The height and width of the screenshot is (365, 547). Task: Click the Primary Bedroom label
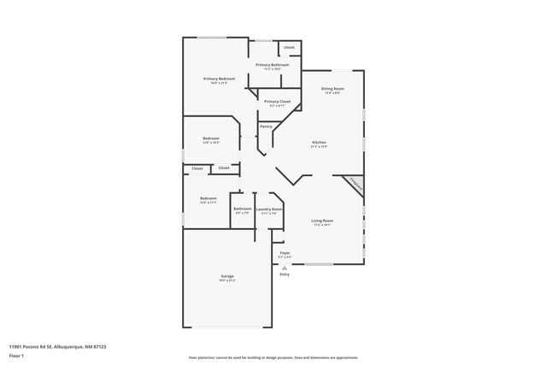[219, 79]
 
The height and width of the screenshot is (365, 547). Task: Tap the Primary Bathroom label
[273, 65]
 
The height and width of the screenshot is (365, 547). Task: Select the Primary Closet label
[277, 101]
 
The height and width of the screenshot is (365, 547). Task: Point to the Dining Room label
[332, 88]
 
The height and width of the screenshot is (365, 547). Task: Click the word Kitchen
[319, 142]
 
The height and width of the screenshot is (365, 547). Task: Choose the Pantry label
[266, 127]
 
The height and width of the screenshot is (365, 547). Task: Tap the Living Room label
[323, 221]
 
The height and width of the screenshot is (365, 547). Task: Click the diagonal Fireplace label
[356, 183]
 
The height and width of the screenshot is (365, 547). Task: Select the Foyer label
[285, 252]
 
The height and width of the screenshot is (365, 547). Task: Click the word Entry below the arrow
[285, 274]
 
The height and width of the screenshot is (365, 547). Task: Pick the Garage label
[227, 276]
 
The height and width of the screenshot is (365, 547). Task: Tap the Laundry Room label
[269, 209]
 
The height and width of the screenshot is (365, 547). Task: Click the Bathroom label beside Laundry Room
[243, 209]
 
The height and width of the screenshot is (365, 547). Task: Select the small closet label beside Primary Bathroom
[290, 47]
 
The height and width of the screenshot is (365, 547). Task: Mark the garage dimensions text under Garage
[227, 281]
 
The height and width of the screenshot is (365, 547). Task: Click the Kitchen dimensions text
[319, 147]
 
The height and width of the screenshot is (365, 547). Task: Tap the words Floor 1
[17, 354]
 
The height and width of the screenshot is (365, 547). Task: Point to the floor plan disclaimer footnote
[273, 357]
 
